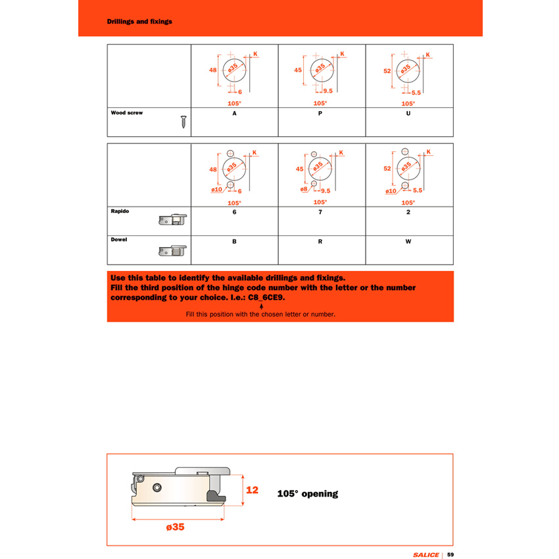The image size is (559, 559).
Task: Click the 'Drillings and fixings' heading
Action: click(139, 22)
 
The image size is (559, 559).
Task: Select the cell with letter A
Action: click(234, 113)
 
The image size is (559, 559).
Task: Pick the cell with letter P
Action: click(320, 113)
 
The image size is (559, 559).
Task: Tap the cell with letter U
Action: click(408, 113)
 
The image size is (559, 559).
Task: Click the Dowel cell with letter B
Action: click(234, 242)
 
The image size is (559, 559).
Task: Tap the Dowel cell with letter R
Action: click(320, 242)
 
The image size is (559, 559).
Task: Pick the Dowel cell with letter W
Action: click(408, 242)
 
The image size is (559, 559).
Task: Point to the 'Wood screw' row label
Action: click(127, 113)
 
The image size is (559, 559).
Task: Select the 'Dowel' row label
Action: click(119, 239)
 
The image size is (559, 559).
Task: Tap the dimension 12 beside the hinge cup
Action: click(252, 490)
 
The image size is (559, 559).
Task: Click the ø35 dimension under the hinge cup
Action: click(176, 527)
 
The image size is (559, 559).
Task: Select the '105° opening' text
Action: click(307, 493)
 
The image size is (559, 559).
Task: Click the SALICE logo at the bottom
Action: click(425, 554)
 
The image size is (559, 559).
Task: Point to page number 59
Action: click(450, 554)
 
